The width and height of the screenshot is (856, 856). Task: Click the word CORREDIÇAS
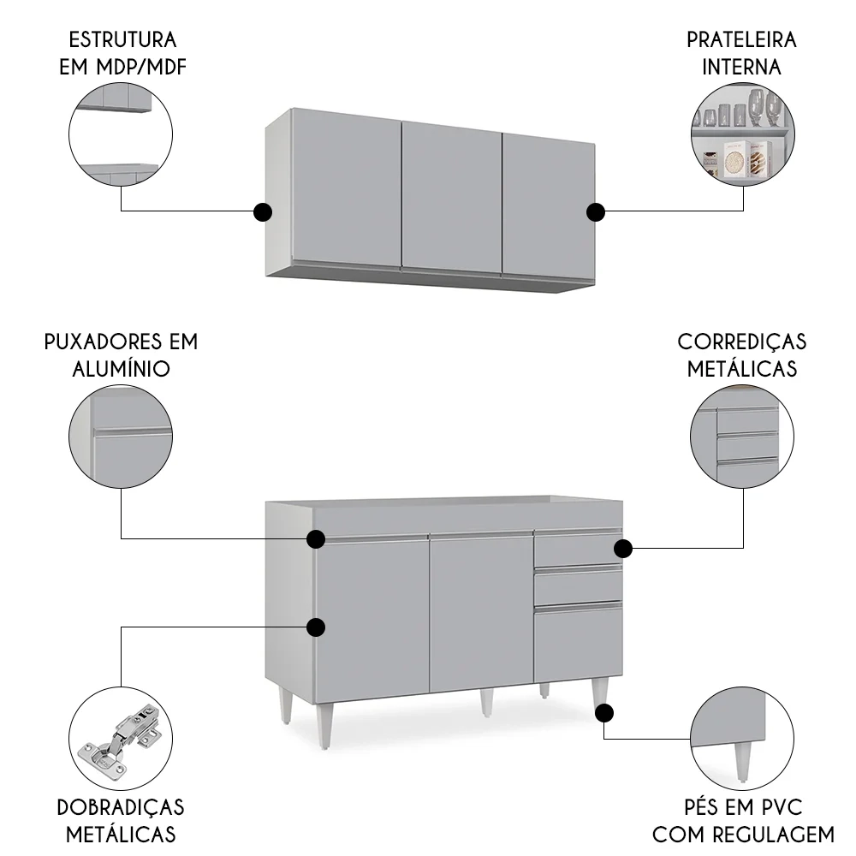point(741,342)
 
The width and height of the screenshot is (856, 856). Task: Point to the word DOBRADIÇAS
point(121,807)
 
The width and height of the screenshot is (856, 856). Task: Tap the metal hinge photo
point(121,738)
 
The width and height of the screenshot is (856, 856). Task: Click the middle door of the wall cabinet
point(451,197)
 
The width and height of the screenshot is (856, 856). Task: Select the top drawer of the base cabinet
point(578,549)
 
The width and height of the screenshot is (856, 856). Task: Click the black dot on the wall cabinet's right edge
point(596,211)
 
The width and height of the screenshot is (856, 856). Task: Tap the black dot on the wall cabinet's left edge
point(263,211)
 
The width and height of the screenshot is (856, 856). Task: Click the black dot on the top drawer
point(622,547)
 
